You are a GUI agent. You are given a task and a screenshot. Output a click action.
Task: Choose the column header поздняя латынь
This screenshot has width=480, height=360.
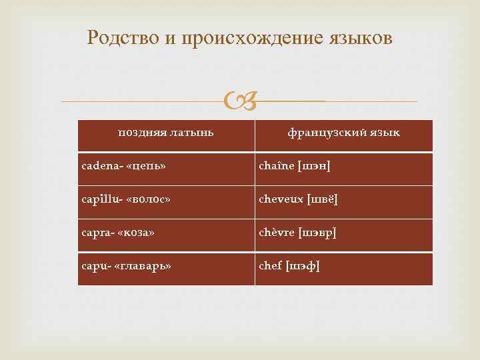[166, 133]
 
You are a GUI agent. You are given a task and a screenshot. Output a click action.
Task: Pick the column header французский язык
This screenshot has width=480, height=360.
[343, 133]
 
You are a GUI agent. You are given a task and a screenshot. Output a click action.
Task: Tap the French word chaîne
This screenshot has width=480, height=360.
[277, 165]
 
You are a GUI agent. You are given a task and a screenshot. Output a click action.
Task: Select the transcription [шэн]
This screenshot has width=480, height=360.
[314, 165]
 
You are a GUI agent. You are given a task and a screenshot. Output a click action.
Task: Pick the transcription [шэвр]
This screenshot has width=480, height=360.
[318, 233]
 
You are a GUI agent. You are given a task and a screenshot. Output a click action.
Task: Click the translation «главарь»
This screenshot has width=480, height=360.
[145, 266]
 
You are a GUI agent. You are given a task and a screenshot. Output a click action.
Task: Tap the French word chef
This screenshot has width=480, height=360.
[270, 266]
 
